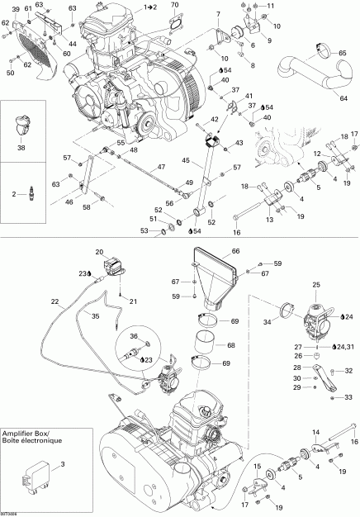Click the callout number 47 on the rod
click(161, 168)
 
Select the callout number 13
click(268, 221)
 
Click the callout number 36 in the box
click(134, 337)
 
